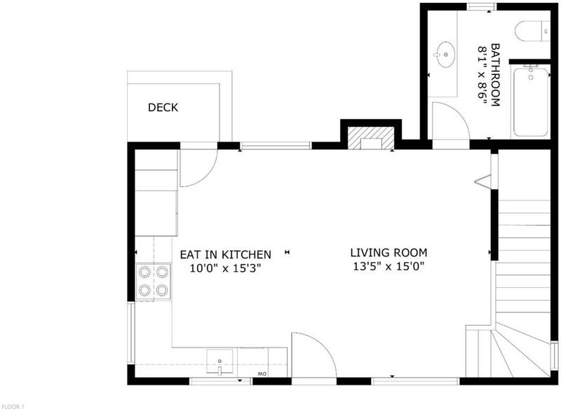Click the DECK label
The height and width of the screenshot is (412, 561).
163,107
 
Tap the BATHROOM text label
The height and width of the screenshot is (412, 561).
495,75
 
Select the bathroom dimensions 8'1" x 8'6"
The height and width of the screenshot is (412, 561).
482,75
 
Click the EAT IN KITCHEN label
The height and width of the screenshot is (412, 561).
225,254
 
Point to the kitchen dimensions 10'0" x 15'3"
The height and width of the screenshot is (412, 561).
225,268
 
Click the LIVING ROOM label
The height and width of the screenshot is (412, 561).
388,253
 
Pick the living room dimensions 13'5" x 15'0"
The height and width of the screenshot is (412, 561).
388,266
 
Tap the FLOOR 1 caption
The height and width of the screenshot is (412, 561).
13,406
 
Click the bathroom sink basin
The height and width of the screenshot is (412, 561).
445,55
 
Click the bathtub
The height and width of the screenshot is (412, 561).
531,102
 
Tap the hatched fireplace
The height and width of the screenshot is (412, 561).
371,138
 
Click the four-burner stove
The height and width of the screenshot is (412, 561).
154,282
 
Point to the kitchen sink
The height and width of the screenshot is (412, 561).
219,362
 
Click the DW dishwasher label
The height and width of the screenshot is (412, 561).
262,374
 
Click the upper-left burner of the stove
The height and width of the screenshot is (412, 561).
144,273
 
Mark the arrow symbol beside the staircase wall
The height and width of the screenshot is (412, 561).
482,181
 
